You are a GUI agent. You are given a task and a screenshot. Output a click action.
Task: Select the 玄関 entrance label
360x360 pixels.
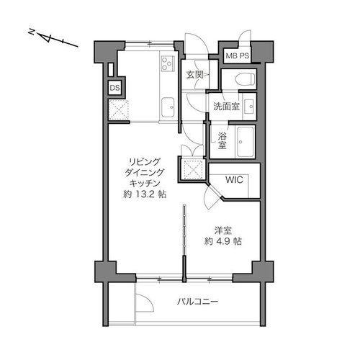(194, 75)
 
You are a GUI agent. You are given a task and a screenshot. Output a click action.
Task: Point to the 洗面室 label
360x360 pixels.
(225, 106)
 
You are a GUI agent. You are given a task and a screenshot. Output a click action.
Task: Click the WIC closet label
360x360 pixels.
(233, 180)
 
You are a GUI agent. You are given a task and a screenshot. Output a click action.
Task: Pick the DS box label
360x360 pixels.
(114, 88)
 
